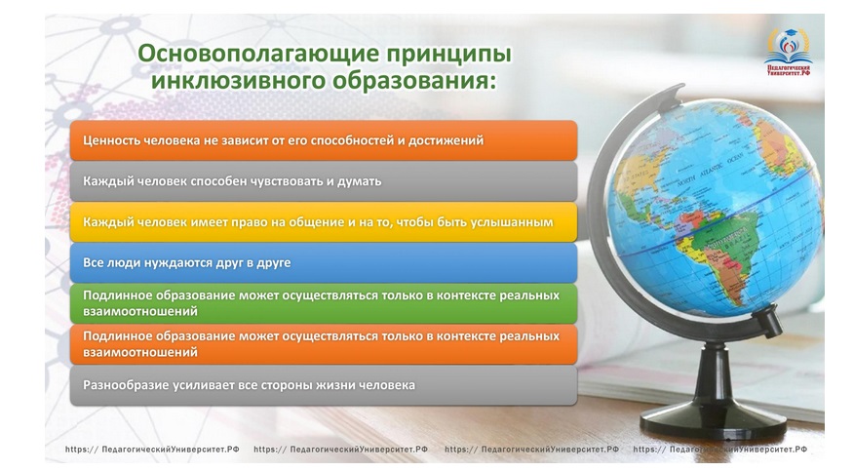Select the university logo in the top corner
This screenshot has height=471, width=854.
(788, 51)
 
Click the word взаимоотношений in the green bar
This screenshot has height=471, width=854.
(140, 311)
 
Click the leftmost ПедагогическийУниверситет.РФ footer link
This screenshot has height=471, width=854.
(152, 450)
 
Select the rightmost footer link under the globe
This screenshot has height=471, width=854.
(720, 450)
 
